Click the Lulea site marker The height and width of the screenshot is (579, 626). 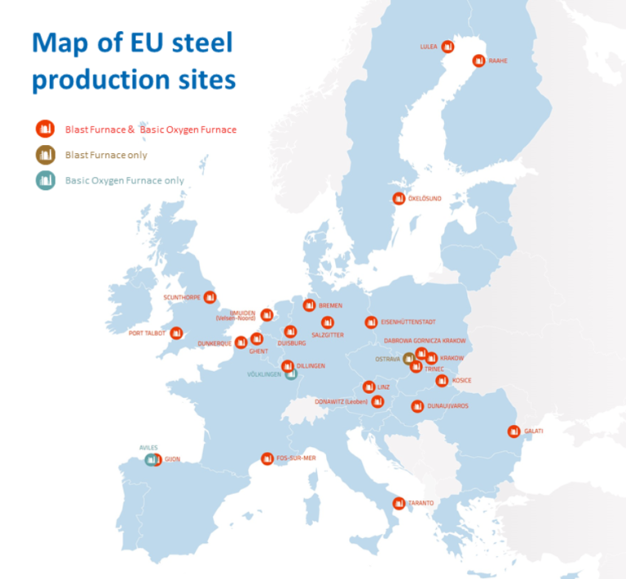pyautogui.click(x=447, y=46)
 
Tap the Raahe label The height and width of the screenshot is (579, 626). pyautogui.click(x=497, y=60)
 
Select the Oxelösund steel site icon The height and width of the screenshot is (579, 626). pyautogui.click(x=399, y=198)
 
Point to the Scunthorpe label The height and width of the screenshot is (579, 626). pyautogui.click(x=182, y=298)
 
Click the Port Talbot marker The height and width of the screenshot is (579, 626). pyautogui.click(x=176, y=333)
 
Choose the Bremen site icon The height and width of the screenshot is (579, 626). pyautogui.click(x=309, y=305)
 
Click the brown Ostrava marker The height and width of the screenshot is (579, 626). pyautogui.click(x=409, y=358)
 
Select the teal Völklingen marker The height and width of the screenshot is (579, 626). pyautogui.click(x=291, y=374)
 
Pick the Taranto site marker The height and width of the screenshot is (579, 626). pyautogui.click(x=399, y=503)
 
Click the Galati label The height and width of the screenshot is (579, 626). pyautogui.click(x=534, y=431)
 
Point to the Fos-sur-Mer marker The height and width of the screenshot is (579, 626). pyautogui.click(x=267, y=459)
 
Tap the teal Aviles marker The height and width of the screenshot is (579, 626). pyautogui.click(x=151, y=460)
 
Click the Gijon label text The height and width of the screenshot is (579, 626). pyautogui.click(x=172, y=460)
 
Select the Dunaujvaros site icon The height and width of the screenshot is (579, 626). pyautogui.click(x=417, y=405)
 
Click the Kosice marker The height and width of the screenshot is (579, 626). pyautogui.click(x=442, y=380)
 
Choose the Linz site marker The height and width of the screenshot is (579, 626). pyautogui.click(x=368, y=387)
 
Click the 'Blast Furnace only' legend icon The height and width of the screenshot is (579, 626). pyautogui.click(x=45, y=154)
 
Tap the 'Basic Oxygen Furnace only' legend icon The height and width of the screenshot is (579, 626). pyautogui.click(x=45, y=180)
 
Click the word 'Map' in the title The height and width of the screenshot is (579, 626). pyautogui.click(x=60, y=42)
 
